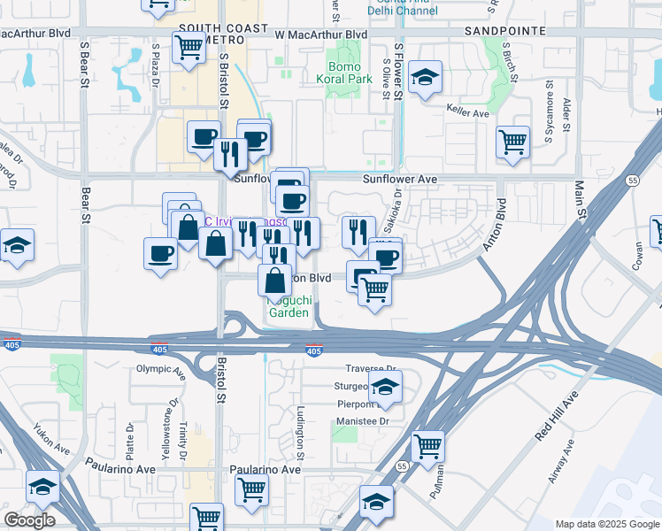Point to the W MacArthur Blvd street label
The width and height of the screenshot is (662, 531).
320,35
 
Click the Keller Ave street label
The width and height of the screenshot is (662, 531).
468,113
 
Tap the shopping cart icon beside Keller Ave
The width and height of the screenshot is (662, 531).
512,142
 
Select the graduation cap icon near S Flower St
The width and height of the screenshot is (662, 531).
426,77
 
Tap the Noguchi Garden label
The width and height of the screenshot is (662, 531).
289,306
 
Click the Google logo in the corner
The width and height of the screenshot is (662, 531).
29,520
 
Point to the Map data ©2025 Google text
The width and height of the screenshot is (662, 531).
607,524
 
